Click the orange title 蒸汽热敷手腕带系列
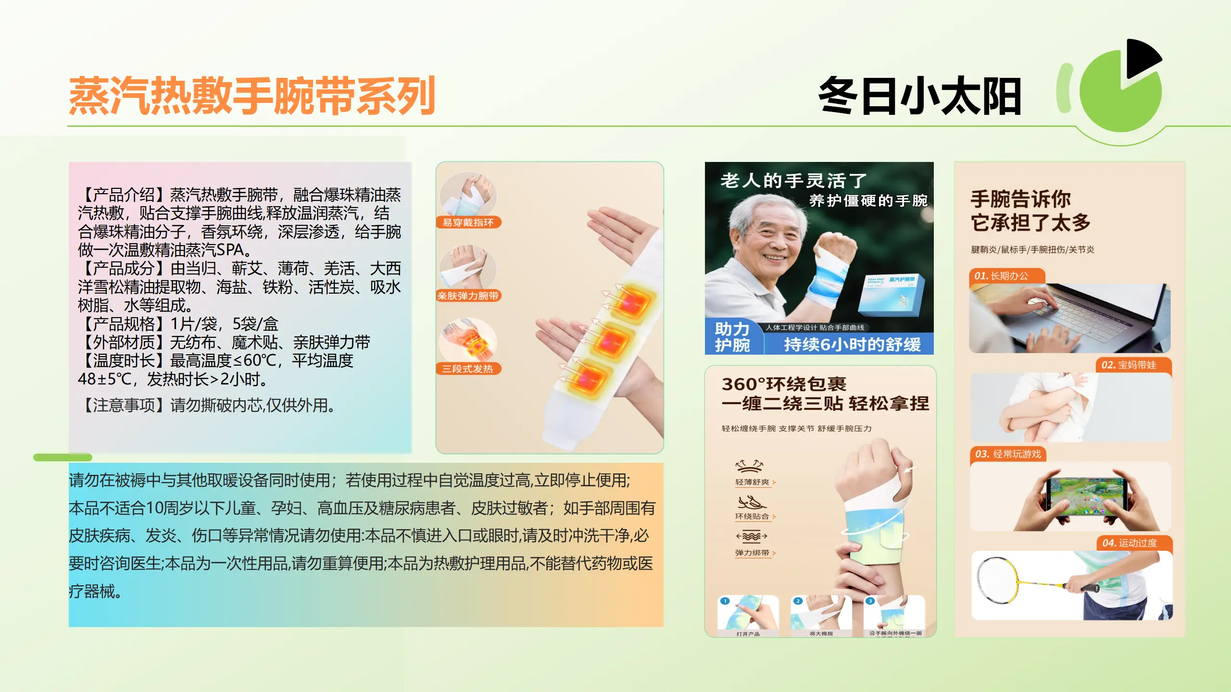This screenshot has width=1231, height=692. pos(252,96)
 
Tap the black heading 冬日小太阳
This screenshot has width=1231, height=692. pos(919,96)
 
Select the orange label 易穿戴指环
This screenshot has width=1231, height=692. pos(468,222)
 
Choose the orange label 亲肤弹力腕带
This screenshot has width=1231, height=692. pos(468,296)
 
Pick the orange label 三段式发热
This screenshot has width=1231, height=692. pos(468,369)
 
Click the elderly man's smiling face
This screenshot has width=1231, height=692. pos(769,240)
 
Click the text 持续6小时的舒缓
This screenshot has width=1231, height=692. pos(852,344)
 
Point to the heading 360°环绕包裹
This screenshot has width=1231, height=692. pos(784,384)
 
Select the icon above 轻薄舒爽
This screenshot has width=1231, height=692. pos(749,465)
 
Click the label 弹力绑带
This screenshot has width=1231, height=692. pos(752,553)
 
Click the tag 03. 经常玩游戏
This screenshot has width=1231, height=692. pos(1007,454)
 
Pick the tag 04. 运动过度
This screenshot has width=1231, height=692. pos(1130,543)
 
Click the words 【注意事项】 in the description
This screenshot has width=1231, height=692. pos(124,406)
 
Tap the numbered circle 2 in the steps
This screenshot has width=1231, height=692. pos(798,601)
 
